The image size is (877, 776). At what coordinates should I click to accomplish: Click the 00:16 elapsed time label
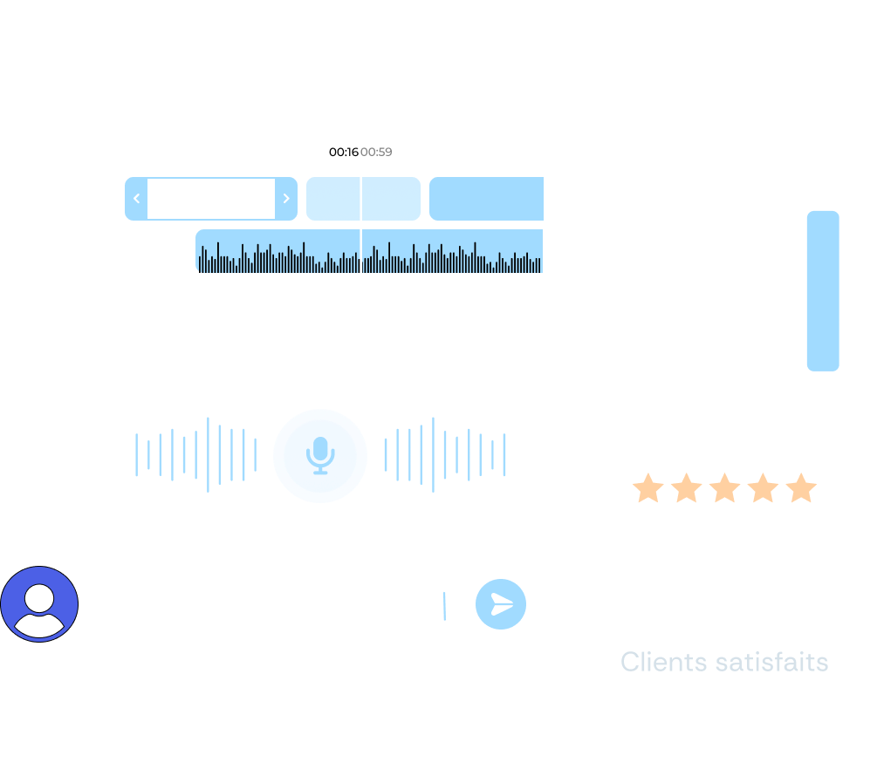[x=343, y=153]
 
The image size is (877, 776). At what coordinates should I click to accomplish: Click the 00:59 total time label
[x=376, y=153]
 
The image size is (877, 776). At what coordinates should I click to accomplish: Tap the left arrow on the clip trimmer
[x=136, y=199]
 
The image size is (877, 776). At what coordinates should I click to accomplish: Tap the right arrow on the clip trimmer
[x=286, y=199]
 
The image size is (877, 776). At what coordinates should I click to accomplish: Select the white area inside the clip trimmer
[x=211, y=199]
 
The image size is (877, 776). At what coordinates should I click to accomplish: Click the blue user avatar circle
[x=39, y=603]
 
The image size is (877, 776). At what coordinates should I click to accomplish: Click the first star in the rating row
[x=647, y=488]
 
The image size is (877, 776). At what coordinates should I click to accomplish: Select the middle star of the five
[x=724, y=488]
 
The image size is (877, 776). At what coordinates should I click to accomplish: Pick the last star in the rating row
[x=800, y=488]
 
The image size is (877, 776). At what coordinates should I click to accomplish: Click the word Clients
[x=663, y=662]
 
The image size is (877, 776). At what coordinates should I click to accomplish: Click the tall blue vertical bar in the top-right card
[x=822, y=290]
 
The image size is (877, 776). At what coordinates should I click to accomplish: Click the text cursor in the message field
[x=444, y=605]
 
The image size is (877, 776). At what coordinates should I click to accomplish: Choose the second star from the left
[x=686, y=488]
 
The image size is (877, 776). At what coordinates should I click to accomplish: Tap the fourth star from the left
[x=762, y=488]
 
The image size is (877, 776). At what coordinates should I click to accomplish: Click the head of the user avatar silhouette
[x=39, y=597]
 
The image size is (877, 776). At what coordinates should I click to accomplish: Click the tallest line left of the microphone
[x=208, y=454]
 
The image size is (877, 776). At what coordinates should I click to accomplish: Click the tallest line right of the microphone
[x=433, y=454]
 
